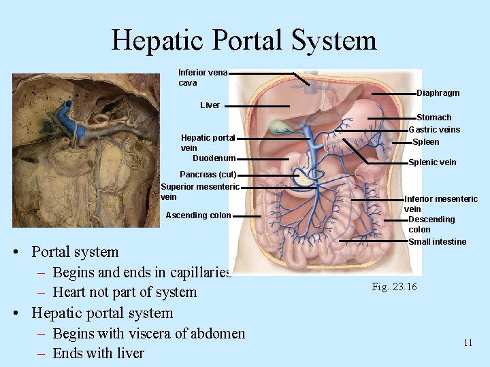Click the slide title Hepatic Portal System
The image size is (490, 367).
(244, 40)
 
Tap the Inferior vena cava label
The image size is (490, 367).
(202, 77)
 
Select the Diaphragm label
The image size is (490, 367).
(438, 93)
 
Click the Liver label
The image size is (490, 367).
(210, 105)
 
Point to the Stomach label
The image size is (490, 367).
(434, 118)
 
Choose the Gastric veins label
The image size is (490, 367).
(434, 130)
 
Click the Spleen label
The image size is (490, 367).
(426, 142)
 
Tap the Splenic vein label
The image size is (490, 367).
(432, 162)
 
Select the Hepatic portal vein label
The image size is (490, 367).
(208, 142)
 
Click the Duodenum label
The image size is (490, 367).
(214, 158)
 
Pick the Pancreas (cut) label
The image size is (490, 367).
(208, 175)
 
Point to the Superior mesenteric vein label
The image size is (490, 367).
(199, 192)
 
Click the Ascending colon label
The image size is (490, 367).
(198, 215)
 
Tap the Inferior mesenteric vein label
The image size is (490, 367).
(440, 204)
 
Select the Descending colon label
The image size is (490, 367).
(431, 224)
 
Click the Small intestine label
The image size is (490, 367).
(437, 242)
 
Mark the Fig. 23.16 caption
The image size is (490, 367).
(394, 287)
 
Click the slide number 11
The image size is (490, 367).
(468, 343)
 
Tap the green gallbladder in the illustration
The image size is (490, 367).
(278, 127)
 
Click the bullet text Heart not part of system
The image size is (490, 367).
(124, 292)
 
